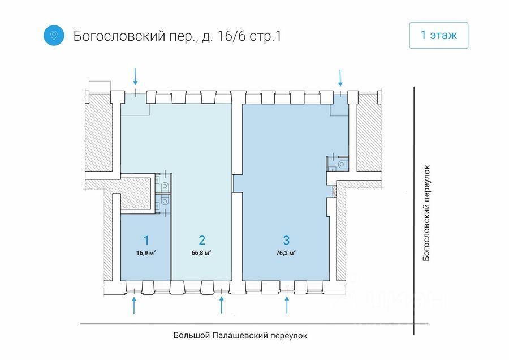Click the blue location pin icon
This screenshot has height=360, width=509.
54,35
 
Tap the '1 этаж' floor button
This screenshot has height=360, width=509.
438,35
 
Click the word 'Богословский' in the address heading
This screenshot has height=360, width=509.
119,36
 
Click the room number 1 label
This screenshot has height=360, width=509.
146,241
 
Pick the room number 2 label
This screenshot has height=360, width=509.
202,241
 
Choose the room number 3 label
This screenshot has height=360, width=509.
286,241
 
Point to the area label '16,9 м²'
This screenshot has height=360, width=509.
146,253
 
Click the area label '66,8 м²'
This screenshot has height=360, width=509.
201,252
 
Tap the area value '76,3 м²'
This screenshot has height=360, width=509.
286,253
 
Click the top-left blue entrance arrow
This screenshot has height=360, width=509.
135,76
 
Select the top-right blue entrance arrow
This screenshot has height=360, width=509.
340,78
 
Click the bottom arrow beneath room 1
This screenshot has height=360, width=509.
134,305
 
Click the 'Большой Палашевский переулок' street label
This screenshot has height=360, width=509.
240,335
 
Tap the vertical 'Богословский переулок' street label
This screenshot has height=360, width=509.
426,213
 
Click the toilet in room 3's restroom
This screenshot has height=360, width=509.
342,164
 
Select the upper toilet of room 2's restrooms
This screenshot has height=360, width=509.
165,186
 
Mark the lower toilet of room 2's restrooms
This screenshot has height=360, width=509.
165,202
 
